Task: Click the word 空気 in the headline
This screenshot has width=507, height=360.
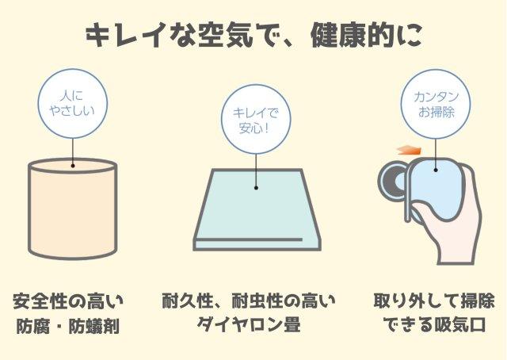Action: click(x=226, y=36)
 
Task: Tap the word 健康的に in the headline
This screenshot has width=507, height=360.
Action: click(x=366, y=36)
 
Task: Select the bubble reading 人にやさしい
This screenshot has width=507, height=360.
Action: click(x=73, y=104)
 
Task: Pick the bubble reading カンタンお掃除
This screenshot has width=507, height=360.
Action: click(x=436, y=104)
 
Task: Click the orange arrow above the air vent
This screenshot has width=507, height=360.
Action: click(x=410, y=150)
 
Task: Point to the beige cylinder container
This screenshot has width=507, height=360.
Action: click(x=73, y=209)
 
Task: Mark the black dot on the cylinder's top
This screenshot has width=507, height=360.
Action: click(x=73, y=166)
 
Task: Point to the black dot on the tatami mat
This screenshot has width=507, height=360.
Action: click(x=256, y=188)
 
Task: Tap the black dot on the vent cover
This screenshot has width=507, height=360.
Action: click(x=436, y=170)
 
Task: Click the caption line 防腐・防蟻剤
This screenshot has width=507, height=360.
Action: click(x=68, y=326)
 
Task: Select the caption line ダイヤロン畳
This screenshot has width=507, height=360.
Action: click(x=249, y=324)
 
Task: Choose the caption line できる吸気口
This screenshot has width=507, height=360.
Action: click(x=434, y=324)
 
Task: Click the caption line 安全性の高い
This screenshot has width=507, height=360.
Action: click(x=68, y=301)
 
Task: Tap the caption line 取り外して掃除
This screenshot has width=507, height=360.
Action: click(x=434, y=301)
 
